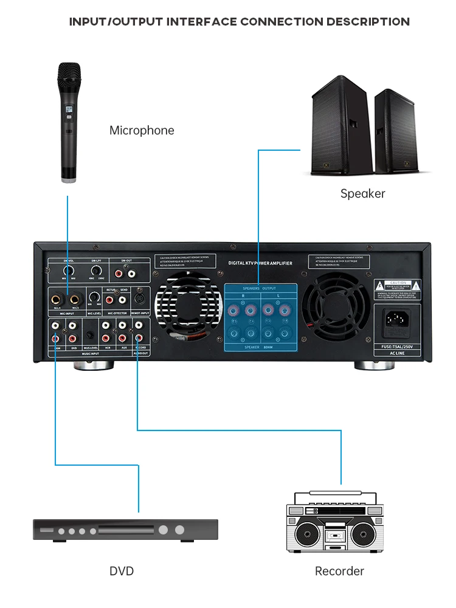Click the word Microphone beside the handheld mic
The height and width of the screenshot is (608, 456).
point(142,130)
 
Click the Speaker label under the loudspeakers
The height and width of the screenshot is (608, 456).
point(362,193)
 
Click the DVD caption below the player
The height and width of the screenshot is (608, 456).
point(122,571)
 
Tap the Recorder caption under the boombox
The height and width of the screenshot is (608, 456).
point(339,571)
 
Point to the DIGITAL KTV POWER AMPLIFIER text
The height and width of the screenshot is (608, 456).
point(260,263)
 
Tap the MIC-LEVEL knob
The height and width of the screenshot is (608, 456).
point(94,298)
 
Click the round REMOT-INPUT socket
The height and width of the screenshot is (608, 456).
point(139,300)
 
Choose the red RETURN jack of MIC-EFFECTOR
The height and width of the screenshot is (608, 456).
point(110,299)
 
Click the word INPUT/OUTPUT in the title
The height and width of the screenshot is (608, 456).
point(116,22)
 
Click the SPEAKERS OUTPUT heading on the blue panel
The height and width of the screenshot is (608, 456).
point(260,288)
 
